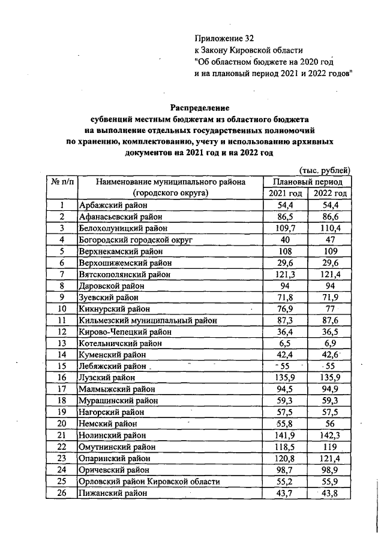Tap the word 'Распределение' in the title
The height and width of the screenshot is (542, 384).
[200, 108]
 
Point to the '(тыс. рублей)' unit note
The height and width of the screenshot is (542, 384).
[324, 171]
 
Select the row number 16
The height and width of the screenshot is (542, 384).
[61, 378]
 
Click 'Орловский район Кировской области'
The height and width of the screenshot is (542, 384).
[149, 482]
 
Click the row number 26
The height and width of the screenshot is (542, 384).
[61, 493]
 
